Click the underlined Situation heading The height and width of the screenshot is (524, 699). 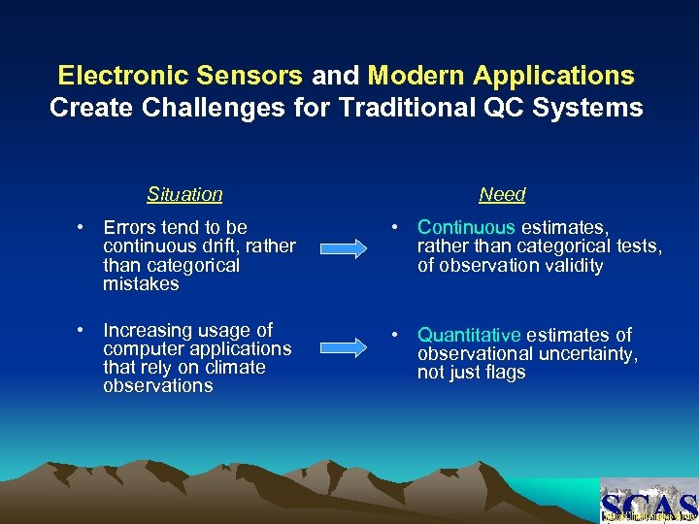click(184, 194)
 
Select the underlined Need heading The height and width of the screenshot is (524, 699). click(502, 194)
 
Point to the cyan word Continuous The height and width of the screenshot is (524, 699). click(466, 227)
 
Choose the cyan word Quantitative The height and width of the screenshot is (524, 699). click(469, 335)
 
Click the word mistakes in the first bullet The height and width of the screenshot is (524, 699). click(141, 284)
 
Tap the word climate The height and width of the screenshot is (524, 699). click(231, 367)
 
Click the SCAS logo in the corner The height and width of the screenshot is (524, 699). click(649, 502)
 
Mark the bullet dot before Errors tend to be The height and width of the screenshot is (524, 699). click(84, 228)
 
